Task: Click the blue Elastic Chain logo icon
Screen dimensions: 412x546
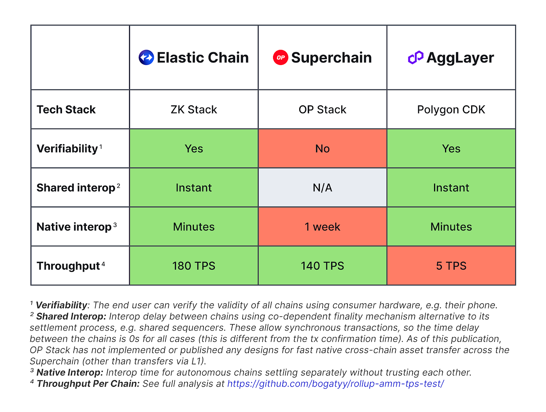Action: coord(146,58)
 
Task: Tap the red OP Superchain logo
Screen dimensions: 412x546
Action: coord(280,58)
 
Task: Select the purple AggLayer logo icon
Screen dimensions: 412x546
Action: coord(415,58)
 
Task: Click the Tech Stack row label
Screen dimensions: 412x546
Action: coord(66,110)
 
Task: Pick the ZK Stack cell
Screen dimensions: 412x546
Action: coord(194,110)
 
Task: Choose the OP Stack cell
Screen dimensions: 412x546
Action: coord(323,110)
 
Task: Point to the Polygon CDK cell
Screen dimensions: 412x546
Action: coord(451,110)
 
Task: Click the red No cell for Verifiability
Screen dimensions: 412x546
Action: coord(323,149)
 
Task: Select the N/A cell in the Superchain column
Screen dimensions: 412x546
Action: coord(323,187)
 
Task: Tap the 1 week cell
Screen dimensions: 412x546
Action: coord(323,226)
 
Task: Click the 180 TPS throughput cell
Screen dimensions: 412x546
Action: coord(194,266)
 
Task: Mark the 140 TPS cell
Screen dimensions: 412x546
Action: coord(323,266)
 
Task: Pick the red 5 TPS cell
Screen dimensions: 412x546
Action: coord(451,266)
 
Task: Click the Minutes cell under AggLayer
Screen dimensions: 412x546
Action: coord(451,226)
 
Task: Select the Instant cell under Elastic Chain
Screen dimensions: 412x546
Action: coord(194,187)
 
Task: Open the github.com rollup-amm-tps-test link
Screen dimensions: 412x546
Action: coord(335,384)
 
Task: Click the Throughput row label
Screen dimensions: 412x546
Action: coord(69,266)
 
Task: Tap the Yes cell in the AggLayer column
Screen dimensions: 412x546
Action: coord(451,149)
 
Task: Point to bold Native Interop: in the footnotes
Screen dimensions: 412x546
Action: coord(70,373)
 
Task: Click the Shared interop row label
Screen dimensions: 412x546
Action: coord(76,188)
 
